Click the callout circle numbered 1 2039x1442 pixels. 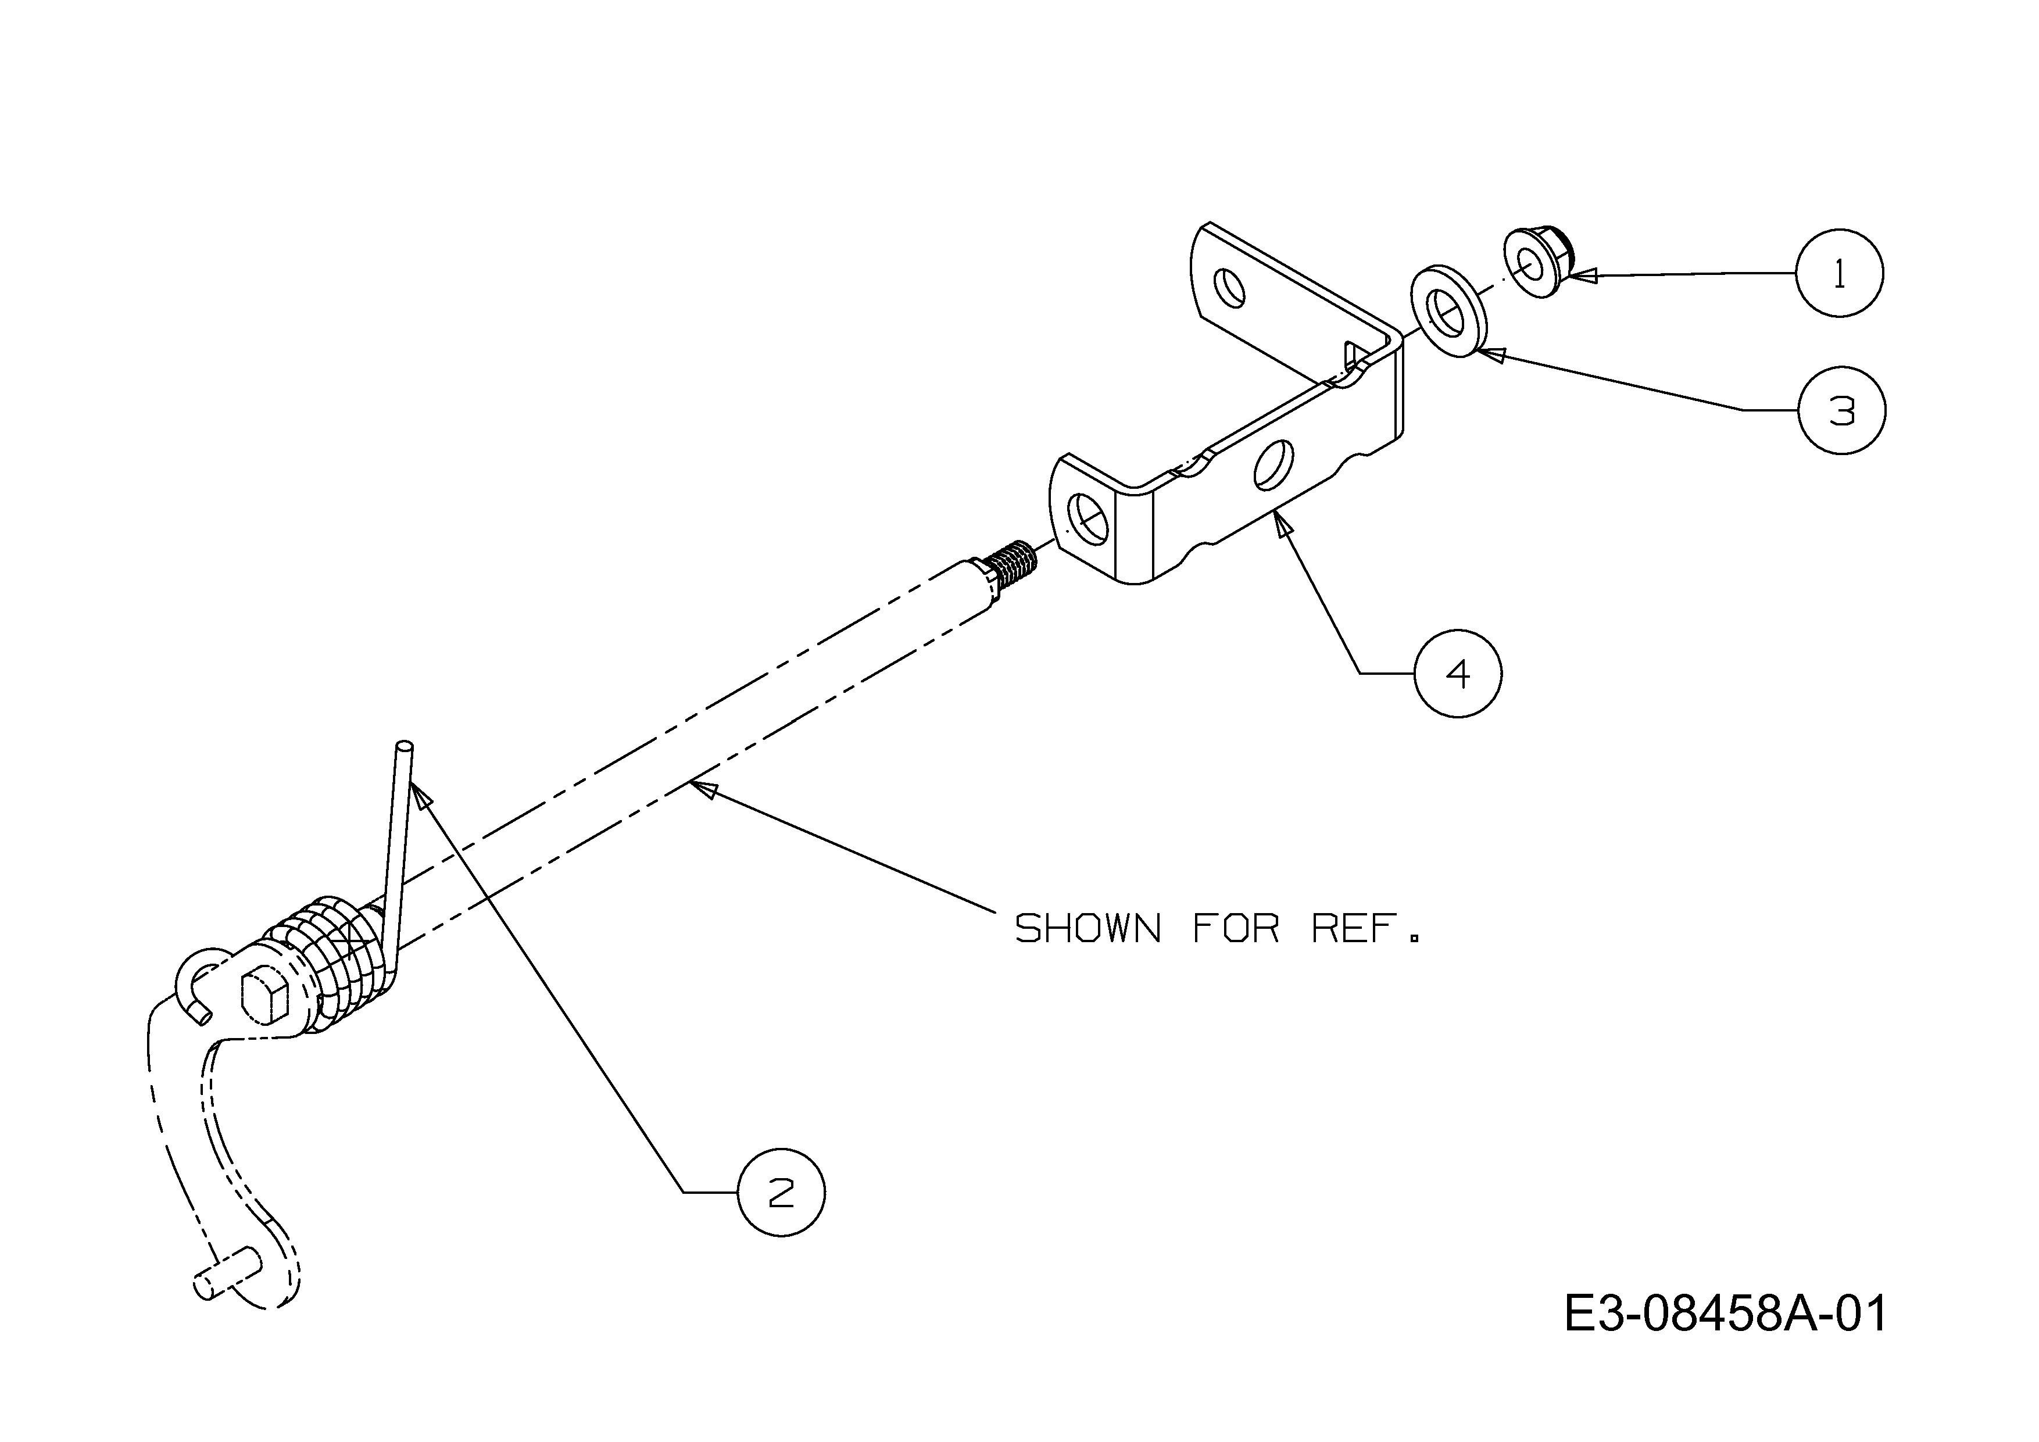[1839, 273]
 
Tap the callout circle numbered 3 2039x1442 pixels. [1842, 410]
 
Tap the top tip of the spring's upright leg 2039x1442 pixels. [405, 746]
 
